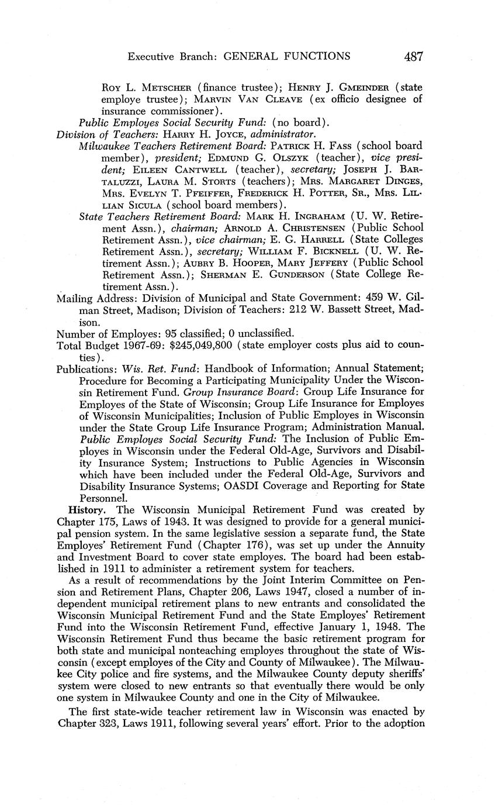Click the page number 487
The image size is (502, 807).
click(x=413, y=56)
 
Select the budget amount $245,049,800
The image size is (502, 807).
click(x=202, y=345)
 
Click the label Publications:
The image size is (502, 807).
click(x=86, y=369)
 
